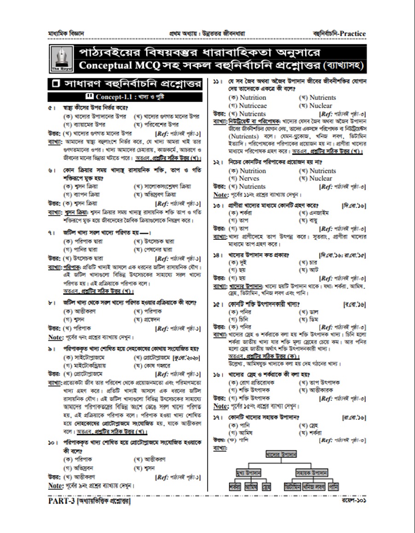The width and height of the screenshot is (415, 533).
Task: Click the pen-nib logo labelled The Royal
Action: coord(60,58)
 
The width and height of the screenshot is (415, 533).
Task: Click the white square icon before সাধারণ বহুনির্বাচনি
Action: coord(56,84)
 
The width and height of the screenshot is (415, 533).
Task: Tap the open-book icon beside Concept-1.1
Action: coord(90,97)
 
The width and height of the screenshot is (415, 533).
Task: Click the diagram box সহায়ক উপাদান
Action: coord(312,473)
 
